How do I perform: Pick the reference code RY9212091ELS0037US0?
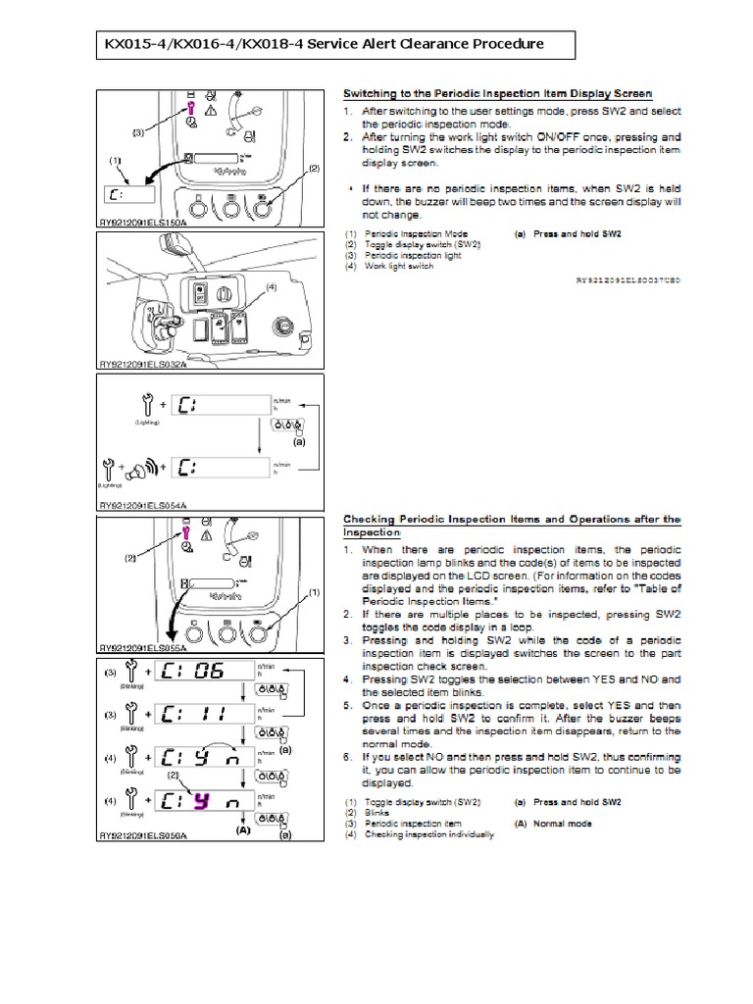coord(627,279)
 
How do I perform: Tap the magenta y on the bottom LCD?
coord(199,802)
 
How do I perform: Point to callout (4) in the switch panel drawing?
coord(271,286)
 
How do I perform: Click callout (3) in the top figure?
coord(139,131)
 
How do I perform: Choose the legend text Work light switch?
coord(399,265)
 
